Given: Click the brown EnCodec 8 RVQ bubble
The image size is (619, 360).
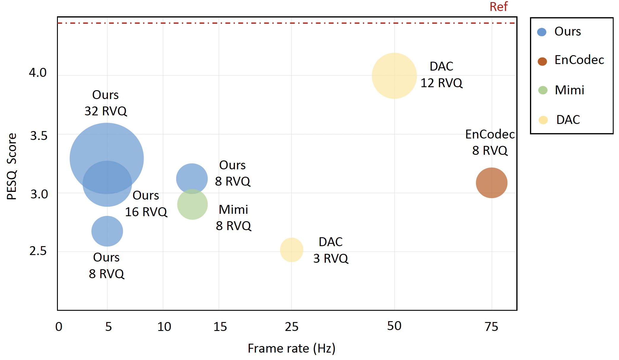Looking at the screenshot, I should click(491, 183).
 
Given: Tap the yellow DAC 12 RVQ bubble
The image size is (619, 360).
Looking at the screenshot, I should click(394, 76).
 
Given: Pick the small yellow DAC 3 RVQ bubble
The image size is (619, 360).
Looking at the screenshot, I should click(291, 250).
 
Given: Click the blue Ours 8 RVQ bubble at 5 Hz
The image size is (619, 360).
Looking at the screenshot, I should click(107, 231).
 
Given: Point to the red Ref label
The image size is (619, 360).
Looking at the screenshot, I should click(499, 7).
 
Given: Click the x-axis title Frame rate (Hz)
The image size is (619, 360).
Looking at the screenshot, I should click(291, 348).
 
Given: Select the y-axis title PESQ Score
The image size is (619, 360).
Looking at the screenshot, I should click(12, 166).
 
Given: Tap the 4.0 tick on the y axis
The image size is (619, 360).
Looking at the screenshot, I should click(38, 73).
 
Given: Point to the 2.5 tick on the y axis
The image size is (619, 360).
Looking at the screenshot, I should click(38, 251).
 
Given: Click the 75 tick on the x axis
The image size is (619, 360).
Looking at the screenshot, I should click(491, 326).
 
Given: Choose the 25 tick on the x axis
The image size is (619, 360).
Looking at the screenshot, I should click(291, 326).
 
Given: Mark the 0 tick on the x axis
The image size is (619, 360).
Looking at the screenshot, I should click(59, 326).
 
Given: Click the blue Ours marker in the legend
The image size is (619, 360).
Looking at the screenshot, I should click(542, 32).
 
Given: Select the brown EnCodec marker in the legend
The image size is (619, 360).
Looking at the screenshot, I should click(542, 61).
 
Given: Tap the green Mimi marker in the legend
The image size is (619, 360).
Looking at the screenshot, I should click(543, 90).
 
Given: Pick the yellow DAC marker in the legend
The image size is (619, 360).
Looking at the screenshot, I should click(543, 120).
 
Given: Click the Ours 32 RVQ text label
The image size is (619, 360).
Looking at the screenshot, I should click(106, 103).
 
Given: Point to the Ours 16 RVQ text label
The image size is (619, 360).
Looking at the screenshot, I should click(146, 204).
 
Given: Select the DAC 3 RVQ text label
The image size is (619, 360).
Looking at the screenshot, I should click(331, 250).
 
